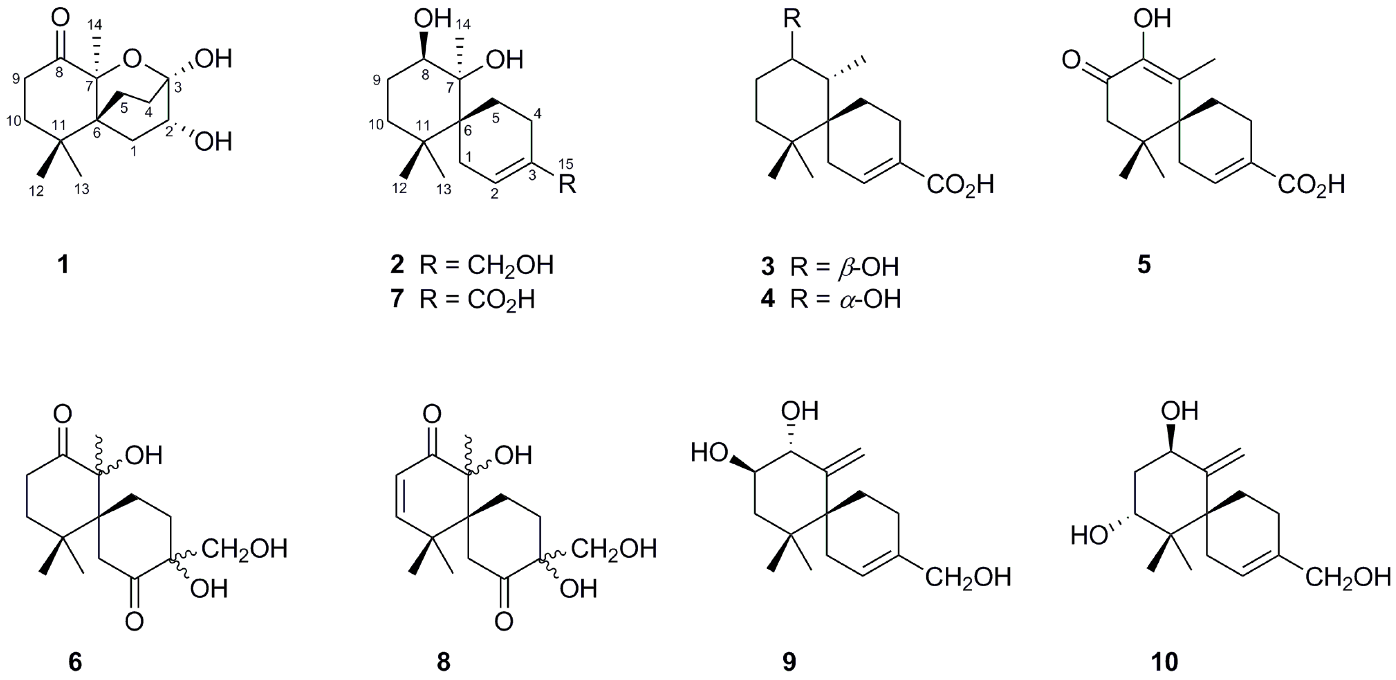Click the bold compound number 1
(x=63, y=265)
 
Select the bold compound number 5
(x=1144, y=265)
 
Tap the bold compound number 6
(x=75, y=661)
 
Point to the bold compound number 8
(x=443, y=661)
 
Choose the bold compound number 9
(x=789, y=661)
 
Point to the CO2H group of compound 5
(x=1311, y=185)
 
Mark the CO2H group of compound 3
(x=960, y=185)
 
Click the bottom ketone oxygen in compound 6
(x=134, y=622)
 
